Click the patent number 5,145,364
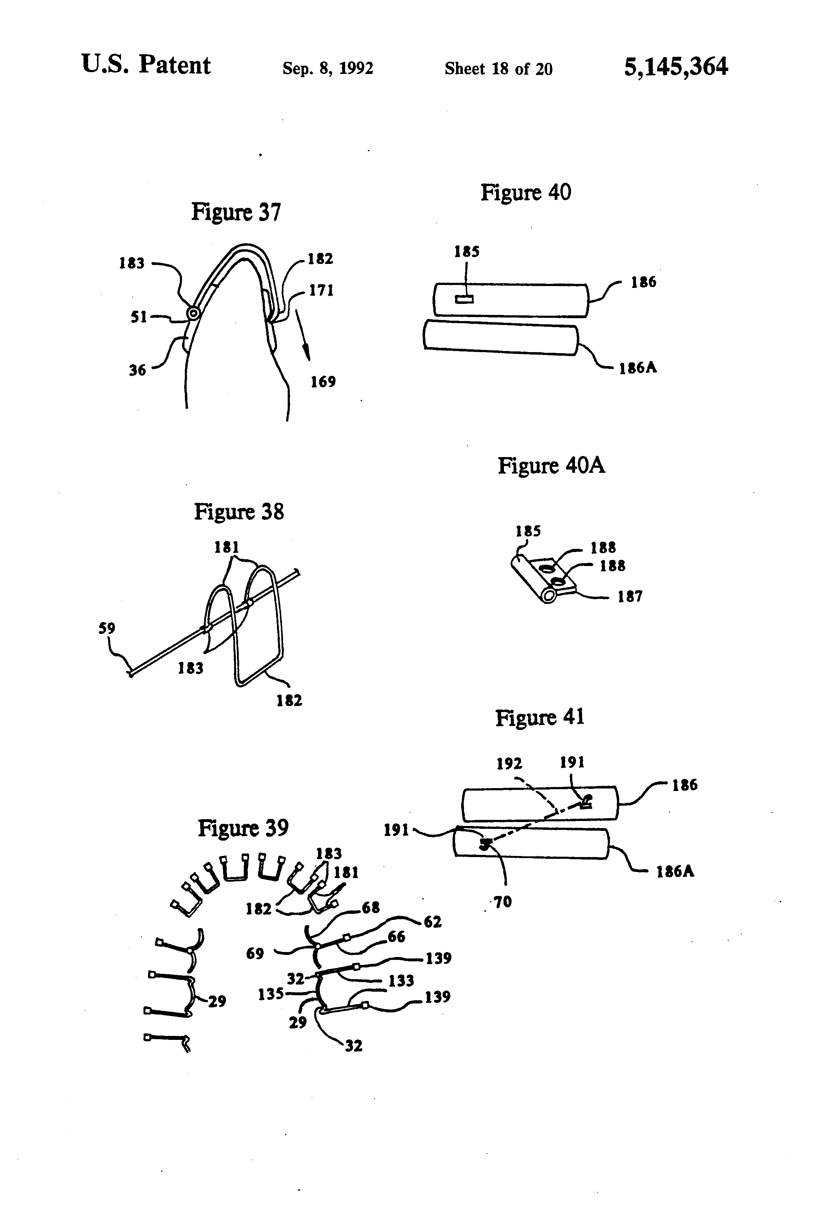[675, 67]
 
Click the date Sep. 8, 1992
[328, 69]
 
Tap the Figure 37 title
[236, 212]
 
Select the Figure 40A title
[551, 466]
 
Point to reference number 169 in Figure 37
[323, 382]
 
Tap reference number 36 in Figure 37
[137, 370]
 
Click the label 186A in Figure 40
[637, 368]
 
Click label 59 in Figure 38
[107, 628]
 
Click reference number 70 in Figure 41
[503, 902]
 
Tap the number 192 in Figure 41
[509, 763]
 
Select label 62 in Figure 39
[432, 922]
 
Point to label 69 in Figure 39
[255, 953]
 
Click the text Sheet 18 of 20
[498, 69]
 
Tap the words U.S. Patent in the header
[146, 65]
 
